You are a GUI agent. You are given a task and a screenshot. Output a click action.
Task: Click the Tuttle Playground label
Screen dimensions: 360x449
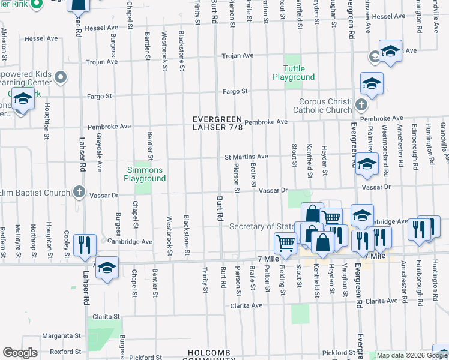coord(294,73)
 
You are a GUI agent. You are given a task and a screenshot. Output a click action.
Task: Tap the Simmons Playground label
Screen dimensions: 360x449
coord(145,174)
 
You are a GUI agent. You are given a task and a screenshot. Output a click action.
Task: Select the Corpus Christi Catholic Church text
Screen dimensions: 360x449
coord(322,106)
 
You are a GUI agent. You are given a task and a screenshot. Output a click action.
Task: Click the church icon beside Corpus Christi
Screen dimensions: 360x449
coord(360,105)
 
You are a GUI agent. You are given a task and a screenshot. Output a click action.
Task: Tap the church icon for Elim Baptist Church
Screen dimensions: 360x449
coord(78,192)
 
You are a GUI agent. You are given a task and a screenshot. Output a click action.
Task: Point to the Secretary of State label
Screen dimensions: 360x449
coord(261,226)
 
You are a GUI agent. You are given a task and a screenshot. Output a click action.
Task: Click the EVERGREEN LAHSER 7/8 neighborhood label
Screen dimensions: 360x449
coord(217,123)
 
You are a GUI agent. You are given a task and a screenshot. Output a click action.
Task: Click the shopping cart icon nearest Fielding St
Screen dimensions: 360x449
coord(285,243)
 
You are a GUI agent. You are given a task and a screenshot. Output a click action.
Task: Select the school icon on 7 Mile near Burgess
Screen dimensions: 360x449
coord(107,268)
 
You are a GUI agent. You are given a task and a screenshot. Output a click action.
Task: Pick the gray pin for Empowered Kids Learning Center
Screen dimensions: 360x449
coord(60,77)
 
